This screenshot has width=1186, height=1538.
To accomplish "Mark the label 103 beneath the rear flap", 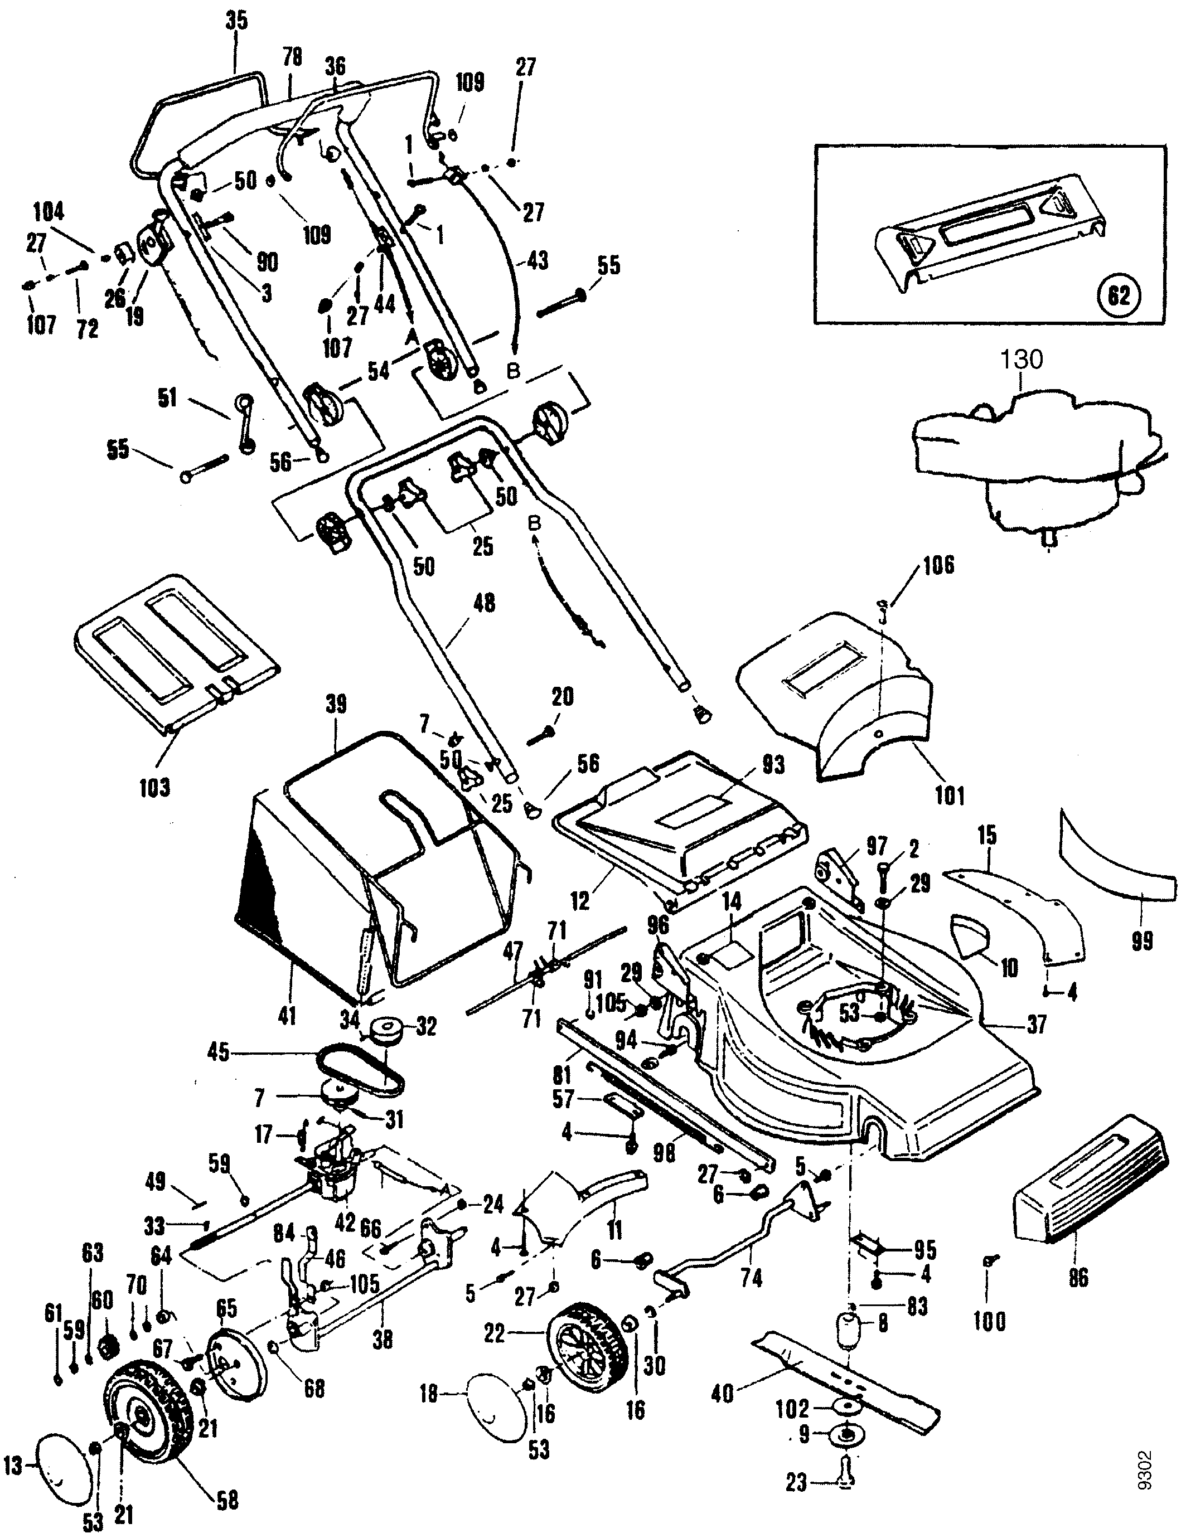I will (154, 787).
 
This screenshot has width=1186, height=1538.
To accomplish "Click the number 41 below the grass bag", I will (287, 1016).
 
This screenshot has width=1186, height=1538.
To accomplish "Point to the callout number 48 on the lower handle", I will (485, 604).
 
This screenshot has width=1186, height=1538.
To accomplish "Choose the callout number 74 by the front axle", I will (752, 1278).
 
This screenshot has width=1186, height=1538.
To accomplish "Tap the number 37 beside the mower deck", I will (1036, 1023).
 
